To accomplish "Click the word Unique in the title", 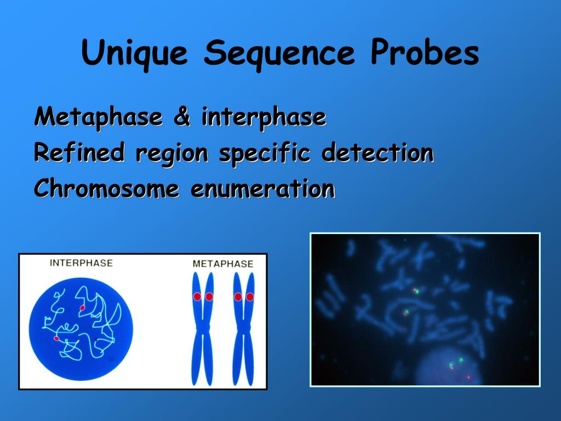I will tap(135, 54).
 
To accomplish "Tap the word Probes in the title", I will tap(425, 54).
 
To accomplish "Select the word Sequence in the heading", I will tap(279, 54).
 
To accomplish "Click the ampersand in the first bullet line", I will tap(181, 117).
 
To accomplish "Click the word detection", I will tap(377, 152).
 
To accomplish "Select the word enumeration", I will tap(262, 189).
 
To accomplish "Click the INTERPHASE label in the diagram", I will tap(81, 263).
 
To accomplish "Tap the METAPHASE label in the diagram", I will tap(223, 264).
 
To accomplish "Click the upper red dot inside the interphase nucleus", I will tap(82, 308).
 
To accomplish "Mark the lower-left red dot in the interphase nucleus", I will tap(56, 339).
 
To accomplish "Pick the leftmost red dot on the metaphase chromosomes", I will tap(197, 297).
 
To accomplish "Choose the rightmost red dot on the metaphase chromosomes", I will tap(250, 297).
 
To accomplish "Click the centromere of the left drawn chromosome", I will tap(203, 328).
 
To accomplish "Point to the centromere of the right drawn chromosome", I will tap(244, 328).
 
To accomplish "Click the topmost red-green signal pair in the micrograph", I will tap(415, 291).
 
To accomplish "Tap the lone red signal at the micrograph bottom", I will tap(468, 377).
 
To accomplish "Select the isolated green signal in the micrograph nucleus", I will tap(461, 360).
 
